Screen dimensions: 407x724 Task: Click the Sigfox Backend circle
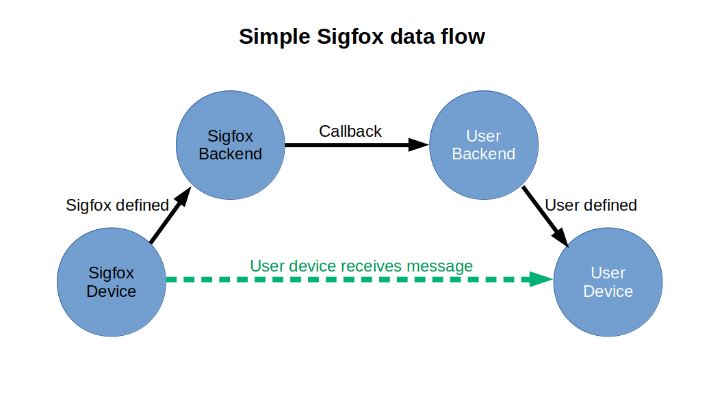[231, 145]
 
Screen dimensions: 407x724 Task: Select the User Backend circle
[483, 145]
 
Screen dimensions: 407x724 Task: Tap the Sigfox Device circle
[112, 282]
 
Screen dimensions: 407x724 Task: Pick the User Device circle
[608, 282]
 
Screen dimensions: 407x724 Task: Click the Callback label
[350, 131]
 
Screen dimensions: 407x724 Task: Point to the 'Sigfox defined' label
[117, 205]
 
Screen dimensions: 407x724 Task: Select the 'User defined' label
[591, 205]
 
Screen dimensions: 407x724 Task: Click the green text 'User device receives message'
[361, 265]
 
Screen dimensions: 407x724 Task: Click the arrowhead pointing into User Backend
[418, 144]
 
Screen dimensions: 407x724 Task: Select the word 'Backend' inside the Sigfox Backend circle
[231, 154]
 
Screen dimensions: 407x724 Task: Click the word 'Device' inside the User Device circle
[608, 291]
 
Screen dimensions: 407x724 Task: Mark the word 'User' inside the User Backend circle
[483, 136]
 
